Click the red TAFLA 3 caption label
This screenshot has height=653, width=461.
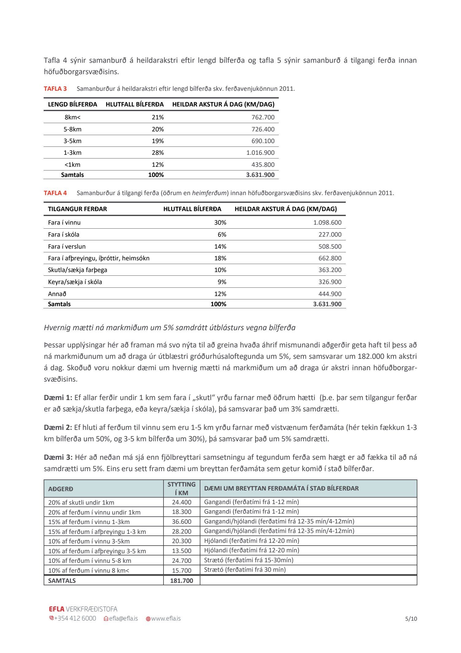tap(55, 89)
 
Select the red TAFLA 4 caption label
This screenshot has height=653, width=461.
tap(55, 193)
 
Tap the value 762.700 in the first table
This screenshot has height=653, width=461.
tap(263, 117)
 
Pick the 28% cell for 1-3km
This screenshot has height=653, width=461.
tap(158, 153)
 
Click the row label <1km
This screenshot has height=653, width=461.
tap(73, 165)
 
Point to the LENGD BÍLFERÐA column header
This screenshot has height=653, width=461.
tap(73, 104)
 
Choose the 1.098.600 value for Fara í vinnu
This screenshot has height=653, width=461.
tap(327, 222)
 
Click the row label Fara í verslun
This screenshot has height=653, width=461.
tap(67, 246)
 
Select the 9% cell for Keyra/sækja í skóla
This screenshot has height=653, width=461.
tap(222, 282)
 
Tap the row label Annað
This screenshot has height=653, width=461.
tap(57, 294)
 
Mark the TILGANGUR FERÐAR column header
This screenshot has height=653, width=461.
tap(77, 209)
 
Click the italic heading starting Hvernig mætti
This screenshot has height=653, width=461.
tap(170, 328)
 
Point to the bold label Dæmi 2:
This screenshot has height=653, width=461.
tap(58, 427)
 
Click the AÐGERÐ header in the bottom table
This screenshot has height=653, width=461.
tap(61, 489)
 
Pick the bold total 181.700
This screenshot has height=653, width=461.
tap(182, 581)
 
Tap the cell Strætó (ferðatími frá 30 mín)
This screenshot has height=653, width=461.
tap(245, 570)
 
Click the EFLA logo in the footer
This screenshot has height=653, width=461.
tap(57, 609)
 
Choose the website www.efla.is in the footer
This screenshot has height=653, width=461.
tap(166, 619)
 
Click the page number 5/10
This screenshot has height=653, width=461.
tap(411, 619)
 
